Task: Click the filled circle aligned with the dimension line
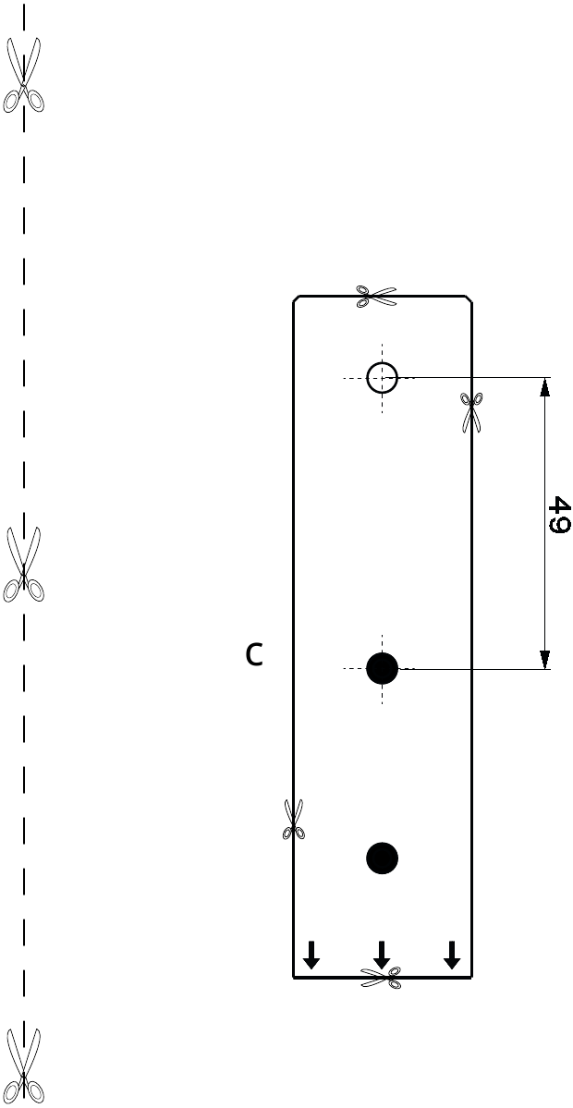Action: click(x=383, y=668)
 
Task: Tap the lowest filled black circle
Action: click(x=383, y=858)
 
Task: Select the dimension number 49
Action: click(x=558, y=515)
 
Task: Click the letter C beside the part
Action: click(x=254, y=654)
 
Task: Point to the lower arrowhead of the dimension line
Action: click(x=544, y=659)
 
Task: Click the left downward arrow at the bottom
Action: click(x=311, y=955)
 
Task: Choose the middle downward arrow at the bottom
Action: click(x=382, y=955)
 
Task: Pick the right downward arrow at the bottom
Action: click(x=452, y=955)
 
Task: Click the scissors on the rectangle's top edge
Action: click(x=376, y=296)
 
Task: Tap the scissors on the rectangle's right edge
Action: click(x=471, y=412)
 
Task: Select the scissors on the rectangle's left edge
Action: click(x=294, y=819)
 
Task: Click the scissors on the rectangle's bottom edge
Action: click(x=381, y=978)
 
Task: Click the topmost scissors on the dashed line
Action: click(x=23, y=75)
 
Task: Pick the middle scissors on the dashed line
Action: click(x=23, y=564)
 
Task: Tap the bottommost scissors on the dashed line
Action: click(x=23, y=1065)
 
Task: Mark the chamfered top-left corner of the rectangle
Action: click(x=297, y=298)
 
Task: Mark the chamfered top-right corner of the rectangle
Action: click(x=469, y=298)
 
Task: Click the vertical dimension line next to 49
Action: click(x=544, y=523)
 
